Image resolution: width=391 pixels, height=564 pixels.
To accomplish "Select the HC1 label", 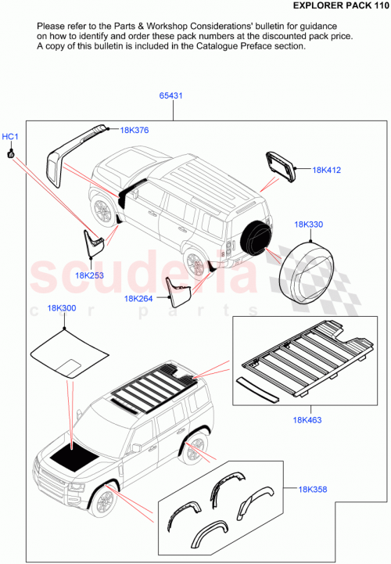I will (10, 137).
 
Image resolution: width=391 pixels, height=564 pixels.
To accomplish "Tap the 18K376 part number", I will (135, 130).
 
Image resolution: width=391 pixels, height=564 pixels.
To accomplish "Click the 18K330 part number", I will (309, 225).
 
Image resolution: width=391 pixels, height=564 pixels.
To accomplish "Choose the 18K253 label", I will (90, 275).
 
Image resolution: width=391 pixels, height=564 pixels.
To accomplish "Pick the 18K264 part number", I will (138, 298).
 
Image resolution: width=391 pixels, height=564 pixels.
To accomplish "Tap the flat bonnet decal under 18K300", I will (67, 357).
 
